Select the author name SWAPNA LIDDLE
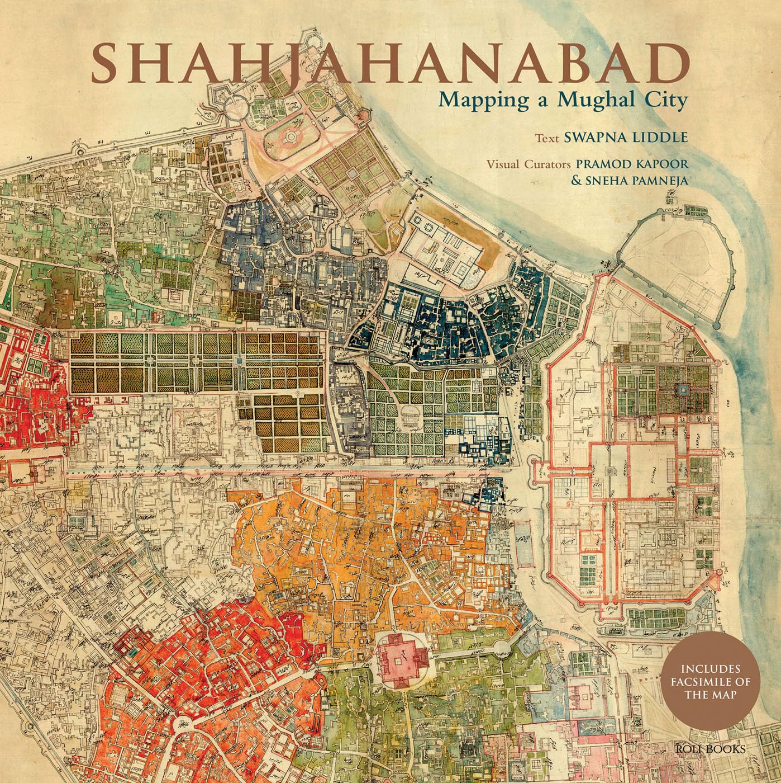click(x=626, y=138)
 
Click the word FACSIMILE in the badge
click(x=710, y=683)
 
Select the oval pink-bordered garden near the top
click(x=292, y=135)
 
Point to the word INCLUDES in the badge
click(x=710, y=669)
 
